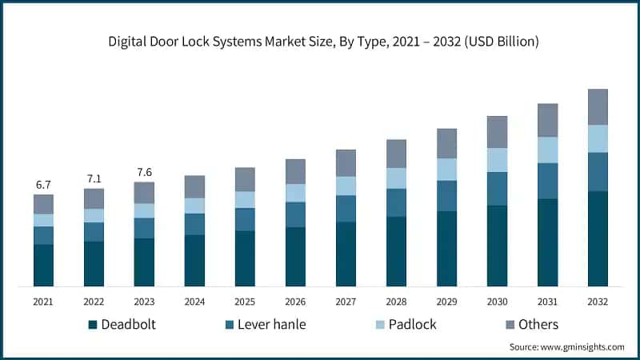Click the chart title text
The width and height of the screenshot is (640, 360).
coord(319,42)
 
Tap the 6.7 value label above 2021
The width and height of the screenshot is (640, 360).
coord(43,185)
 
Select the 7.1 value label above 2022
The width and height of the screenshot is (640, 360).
coord(94,178)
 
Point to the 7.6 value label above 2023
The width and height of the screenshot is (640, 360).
coord(144,171)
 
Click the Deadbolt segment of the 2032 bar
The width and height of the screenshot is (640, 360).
coord(598,238)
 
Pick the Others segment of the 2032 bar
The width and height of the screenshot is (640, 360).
coord(598,106)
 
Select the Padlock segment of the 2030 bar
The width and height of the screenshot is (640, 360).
coord(497,160)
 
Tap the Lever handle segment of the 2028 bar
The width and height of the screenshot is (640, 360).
coord(396,202)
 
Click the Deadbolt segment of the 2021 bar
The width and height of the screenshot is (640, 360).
coord(43,265)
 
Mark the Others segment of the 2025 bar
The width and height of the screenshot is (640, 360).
coord(245,179)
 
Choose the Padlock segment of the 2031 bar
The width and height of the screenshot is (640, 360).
coord(547,150)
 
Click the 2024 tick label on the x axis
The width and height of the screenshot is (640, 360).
coord(194,302)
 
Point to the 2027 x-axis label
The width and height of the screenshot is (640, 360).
coord(346,302)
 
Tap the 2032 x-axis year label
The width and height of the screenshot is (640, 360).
coord(598,302)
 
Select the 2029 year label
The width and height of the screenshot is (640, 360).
coord(446,302)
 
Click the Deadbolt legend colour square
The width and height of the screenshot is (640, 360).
coord(92,324)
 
